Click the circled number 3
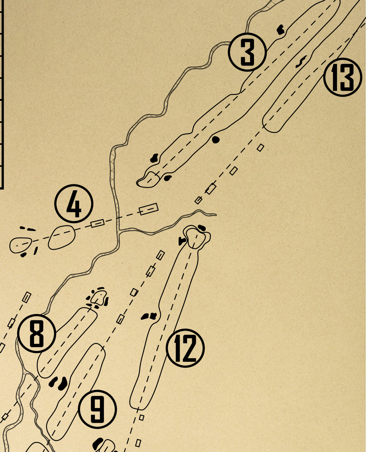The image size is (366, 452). [247, 52]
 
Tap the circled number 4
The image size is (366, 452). [74, 204]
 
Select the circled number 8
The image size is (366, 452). [37, 333]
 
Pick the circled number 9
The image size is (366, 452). [97, 409]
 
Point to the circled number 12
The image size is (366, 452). [185, 348]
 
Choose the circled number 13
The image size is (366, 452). [343, 77]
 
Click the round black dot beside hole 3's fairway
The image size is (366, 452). [216, 140]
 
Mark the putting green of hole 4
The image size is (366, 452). [20, 245]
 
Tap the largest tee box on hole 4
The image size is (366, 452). [149, 209]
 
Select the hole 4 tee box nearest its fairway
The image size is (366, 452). [98, 224]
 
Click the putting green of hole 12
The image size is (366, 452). [196, 238]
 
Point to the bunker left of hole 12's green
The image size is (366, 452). [182, 241]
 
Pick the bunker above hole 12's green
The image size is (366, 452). [202, 228]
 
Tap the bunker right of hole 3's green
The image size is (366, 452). [168, 178]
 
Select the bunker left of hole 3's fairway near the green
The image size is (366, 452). [154, 158]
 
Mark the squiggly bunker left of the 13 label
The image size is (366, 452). [301, 62]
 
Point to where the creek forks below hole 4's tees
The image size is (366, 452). [118, 231]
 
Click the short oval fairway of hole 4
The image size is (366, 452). [61, 238]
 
